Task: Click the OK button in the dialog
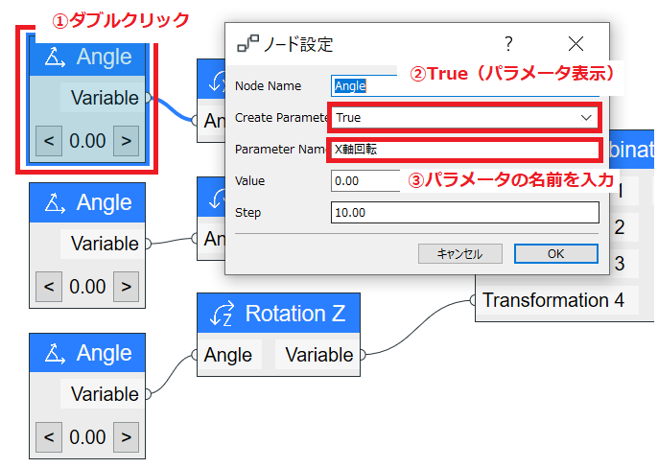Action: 556,253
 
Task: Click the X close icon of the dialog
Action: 576,43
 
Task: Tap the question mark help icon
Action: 508,43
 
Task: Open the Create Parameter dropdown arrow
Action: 586,118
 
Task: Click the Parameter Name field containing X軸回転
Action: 465,149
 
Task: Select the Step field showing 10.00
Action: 465,212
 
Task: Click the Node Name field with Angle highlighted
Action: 364,86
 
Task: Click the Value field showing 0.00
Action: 365,181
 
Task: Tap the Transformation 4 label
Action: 553,300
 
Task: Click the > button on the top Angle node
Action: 126,141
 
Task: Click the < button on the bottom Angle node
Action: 49,437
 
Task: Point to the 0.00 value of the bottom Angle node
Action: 87,437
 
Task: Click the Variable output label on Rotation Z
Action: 319,355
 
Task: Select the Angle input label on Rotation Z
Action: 228,355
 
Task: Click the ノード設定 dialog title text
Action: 298,44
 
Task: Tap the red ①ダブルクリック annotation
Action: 121,20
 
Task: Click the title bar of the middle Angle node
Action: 87,202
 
